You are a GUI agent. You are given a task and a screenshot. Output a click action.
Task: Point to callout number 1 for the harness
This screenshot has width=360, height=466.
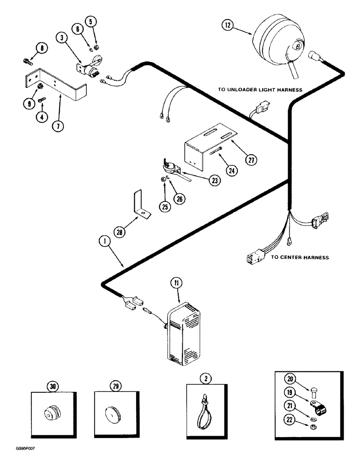point(103,241)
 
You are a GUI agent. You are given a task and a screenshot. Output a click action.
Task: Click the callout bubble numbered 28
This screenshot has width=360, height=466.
point(121,232)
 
